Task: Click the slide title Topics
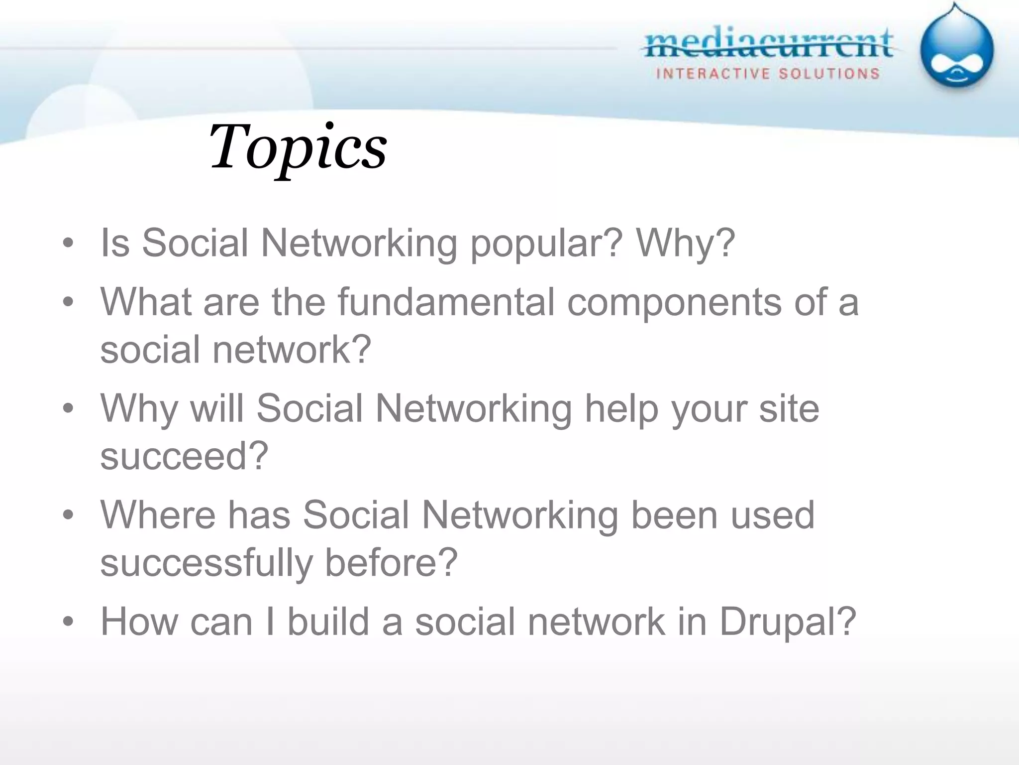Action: (x=298, y=147)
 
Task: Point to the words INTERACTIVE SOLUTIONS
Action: (x=768, y=74)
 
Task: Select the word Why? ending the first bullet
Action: (x=685, y=244)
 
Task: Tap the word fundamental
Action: (x=446, y=302)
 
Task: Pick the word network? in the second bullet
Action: (x=292, y=350)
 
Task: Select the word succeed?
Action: (x=184, y=456)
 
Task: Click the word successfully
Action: (x=206, y=563)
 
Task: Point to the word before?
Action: (x=391, y=563)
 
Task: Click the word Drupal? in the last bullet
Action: (x=788, y=623)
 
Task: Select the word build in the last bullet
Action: (x=328, y=622)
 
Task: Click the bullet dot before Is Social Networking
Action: (x=68, y=244)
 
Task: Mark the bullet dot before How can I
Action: (x=68, y=622)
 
